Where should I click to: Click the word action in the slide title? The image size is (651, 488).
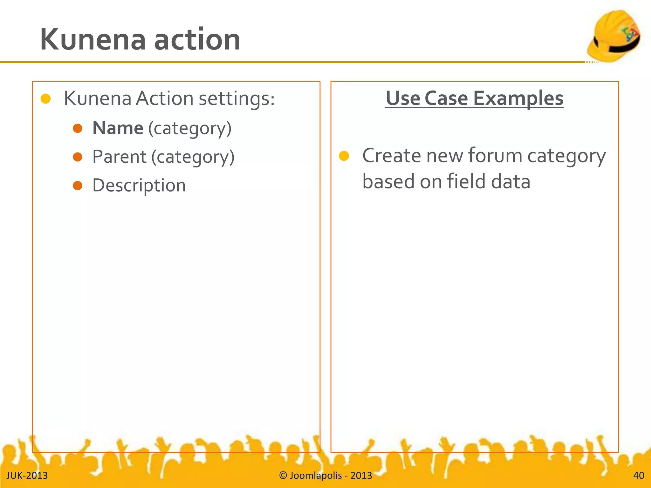tap(197, 39)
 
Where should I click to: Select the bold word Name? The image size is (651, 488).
tap(118, 128)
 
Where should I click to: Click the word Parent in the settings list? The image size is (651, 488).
tap(119, 157)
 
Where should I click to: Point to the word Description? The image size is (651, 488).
tap(139, 186)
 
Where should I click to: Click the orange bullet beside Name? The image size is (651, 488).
tap(78, 128)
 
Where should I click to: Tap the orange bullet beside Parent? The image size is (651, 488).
tap(78, 157)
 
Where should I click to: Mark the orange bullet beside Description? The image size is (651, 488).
tap(78, 186)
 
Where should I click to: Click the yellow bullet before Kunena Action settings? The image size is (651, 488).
tap(46, 99)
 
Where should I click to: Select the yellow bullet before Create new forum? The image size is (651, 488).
tap(344, 156)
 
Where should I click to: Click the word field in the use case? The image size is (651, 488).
tap(466, 181)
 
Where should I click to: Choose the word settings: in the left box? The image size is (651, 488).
tap(236, 99)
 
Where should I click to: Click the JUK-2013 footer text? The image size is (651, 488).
tap(27, 476)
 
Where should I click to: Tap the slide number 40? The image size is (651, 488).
tap(639, 476)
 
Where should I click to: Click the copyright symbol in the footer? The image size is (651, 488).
tap(283, 476)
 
